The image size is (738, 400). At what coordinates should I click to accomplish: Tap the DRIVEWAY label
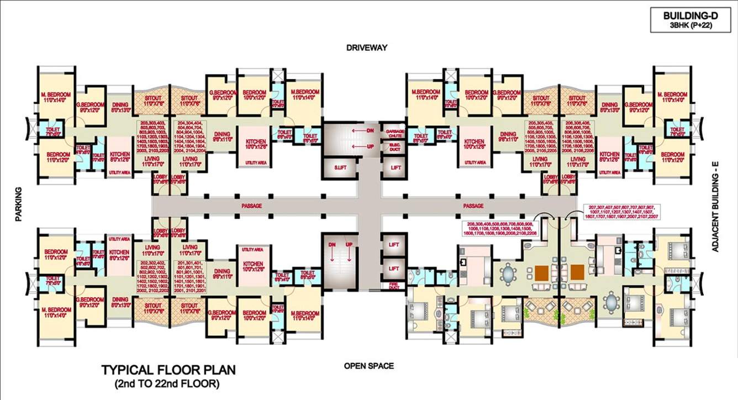[367, 48]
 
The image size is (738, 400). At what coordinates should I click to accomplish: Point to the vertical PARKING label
[19, 204]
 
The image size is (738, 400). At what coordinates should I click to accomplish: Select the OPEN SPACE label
[369, 366]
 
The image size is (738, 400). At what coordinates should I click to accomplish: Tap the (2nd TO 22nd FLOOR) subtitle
[167, 382]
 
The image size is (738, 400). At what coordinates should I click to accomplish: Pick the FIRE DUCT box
[394, 286]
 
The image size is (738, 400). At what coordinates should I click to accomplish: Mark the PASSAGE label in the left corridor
[251, 206]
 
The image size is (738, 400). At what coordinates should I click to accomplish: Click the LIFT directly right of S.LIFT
[396, 167]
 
